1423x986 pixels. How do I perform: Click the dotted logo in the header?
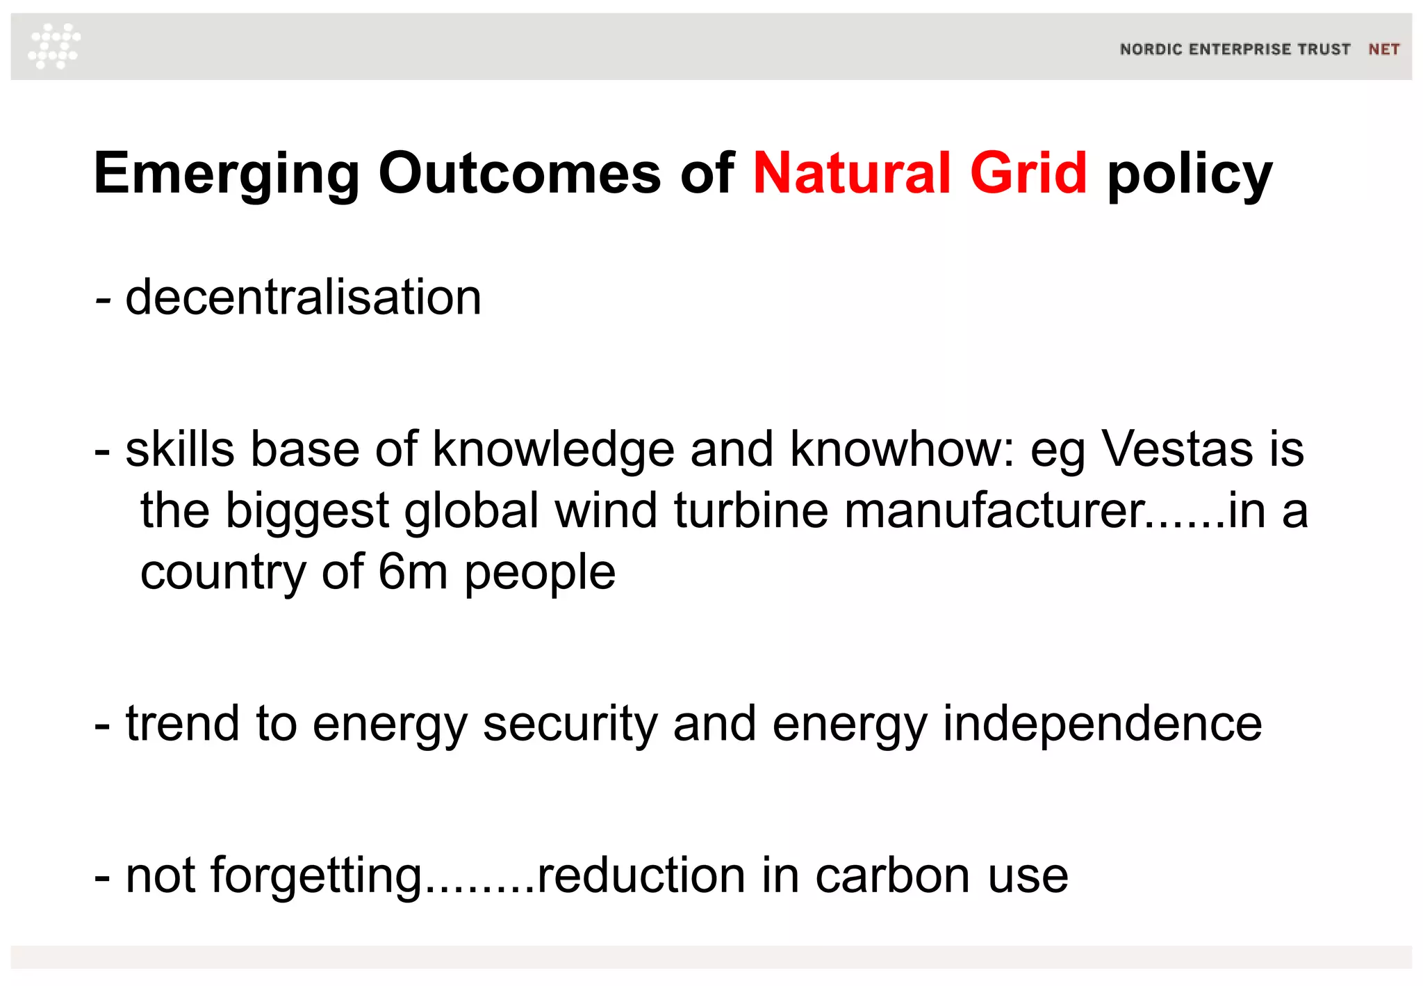click(54, 46)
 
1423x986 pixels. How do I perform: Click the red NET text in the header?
click(1383, 49)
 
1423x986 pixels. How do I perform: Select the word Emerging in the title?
click(227, 174)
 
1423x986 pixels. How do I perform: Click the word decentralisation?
click(303, 297)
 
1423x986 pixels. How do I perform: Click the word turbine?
click(750, 510)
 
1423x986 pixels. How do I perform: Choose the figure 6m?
click(413, 572)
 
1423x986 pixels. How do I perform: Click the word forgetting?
click(316, 876)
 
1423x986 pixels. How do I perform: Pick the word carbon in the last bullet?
click(893, 875)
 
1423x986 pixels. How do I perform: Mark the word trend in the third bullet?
click(182, 723)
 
